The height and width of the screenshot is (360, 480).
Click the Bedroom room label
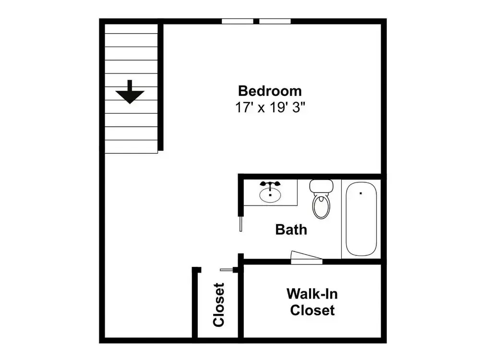[x=270, y=91]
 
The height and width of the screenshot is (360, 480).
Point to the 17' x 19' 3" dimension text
[x=270, y=108]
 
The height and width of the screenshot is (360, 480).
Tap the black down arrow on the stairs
[x=130, y=92]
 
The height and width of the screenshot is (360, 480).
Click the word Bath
[x=291, y=229]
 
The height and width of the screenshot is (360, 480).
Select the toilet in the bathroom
[x=321, y=199]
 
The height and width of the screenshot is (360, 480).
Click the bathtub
[x=361, y=218]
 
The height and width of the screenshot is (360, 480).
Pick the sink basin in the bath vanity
[x=270, y=195]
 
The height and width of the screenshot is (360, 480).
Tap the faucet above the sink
[x=270, y=184]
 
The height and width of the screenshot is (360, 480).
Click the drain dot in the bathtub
[x=361, y=193]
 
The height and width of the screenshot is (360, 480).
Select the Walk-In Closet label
[x=312, y=302]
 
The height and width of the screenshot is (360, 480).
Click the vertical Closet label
[x=219, y=305]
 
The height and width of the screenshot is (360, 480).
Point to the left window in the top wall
[x=238, y=21]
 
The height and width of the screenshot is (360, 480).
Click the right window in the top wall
[x=275, y=21]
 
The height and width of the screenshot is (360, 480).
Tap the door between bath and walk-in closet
[x=306, y=258]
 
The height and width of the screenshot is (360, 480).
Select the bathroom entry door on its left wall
[x=241, y=224]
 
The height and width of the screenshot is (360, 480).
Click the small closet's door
[x=227, y=270]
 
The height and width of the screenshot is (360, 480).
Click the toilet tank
[x=322, y=185]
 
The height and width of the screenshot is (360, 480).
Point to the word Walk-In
[x=312, y=294]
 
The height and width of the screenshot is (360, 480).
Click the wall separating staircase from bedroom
[x=160, y=87]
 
